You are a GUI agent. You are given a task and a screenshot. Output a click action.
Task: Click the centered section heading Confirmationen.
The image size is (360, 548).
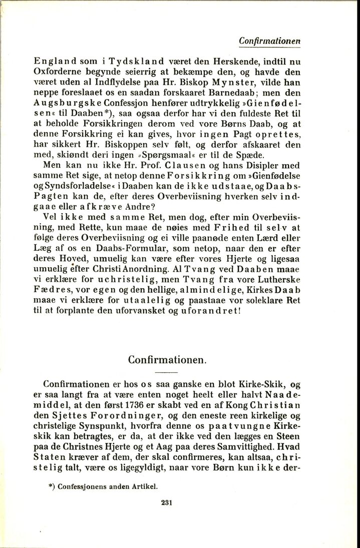(167, 359)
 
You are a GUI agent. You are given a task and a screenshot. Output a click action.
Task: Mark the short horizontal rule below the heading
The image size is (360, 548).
(167, 373)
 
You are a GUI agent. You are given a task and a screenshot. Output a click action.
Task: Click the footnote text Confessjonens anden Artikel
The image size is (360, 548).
(112, 485)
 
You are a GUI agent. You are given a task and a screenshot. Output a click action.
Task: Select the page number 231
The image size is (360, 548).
(167, 503)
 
